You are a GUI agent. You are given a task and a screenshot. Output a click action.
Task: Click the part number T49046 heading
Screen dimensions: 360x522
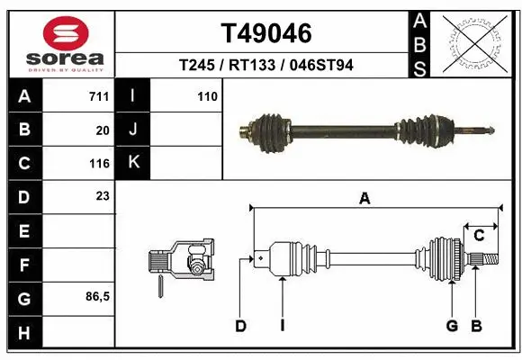266,33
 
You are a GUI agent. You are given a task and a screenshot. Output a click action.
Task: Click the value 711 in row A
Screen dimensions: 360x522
99,96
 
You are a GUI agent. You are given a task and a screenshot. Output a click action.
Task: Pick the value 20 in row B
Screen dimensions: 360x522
103,130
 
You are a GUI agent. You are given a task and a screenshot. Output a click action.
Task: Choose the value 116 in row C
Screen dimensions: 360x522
99,164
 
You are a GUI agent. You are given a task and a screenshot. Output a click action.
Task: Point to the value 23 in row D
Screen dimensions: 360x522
103,195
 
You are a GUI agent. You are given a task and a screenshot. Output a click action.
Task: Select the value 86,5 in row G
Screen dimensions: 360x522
97,296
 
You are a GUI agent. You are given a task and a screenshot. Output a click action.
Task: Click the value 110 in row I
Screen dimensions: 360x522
207,96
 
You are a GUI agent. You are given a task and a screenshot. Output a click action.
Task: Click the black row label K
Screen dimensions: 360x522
133,163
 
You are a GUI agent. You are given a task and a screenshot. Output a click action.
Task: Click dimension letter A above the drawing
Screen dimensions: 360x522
364,200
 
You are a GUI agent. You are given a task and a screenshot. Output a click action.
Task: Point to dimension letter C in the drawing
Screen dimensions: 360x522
479,236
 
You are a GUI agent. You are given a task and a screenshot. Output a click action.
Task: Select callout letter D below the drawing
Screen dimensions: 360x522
240,326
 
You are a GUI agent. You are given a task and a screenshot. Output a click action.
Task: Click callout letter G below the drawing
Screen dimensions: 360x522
452,326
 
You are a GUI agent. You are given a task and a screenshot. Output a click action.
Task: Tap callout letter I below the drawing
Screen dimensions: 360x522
282,326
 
